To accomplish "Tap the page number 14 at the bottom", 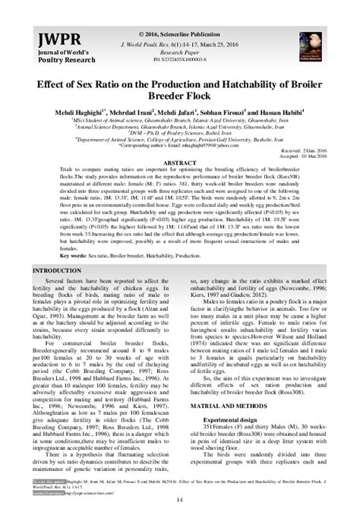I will [x=180, y=498].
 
